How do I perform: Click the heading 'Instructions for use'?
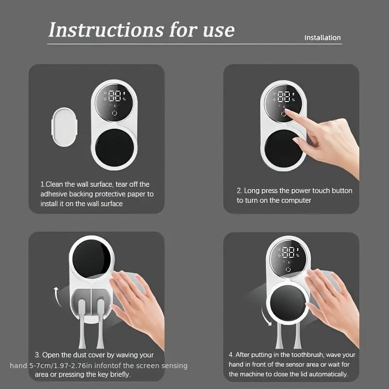[x=141, y=30]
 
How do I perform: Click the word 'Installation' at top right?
[x=322, y=37]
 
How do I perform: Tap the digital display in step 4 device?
[x=289, y=252]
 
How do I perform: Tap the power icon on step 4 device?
[x=288, y=269]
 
